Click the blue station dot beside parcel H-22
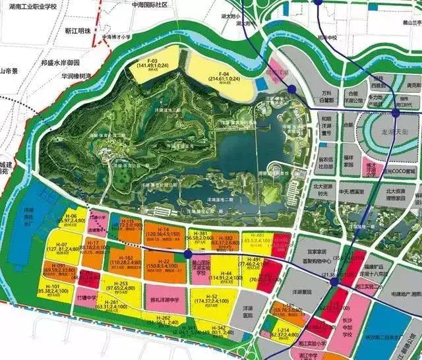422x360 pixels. click(x=187, y=253)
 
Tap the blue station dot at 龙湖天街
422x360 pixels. click(x=396, y=113)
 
